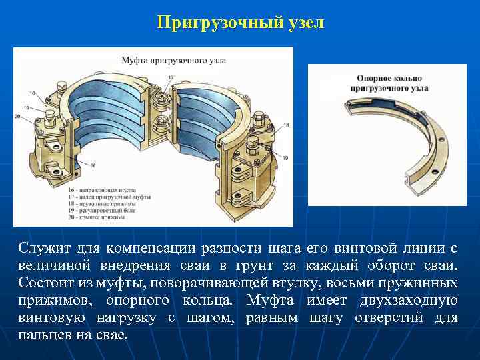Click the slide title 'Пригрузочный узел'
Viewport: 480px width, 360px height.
[x=240, y=23]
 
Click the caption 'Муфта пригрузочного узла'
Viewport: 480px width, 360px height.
[x=173, y=60]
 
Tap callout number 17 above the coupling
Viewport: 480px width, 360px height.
[x=171, y=77]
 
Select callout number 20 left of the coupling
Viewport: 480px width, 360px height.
[x=17, y=117]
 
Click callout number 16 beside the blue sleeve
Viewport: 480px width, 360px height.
[x=93, y=165]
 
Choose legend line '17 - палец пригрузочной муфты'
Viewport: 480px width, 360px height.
[x=109, y=197]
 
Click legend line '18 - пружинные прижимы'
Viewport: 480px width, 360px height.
[x=99, y=205]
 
